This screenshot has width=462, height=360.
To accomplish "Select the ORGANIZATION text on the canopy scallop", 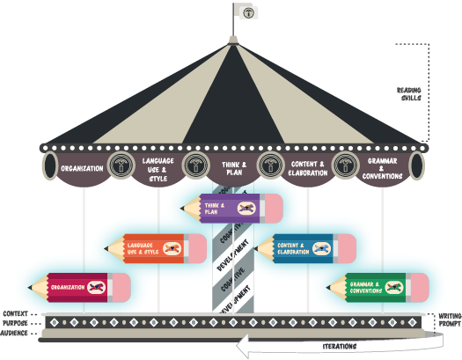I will [83, 168].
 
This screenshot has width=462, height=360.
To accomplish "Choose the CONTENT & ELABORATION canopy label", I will [307, 167].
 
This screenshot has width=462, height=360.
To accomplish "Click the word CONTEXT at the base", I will [16, 313].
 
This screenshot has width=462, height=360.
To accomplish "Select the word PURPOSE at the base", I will [16, 323].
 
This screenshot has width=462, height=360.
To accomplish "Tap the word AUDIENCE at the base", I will [16, 333].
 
